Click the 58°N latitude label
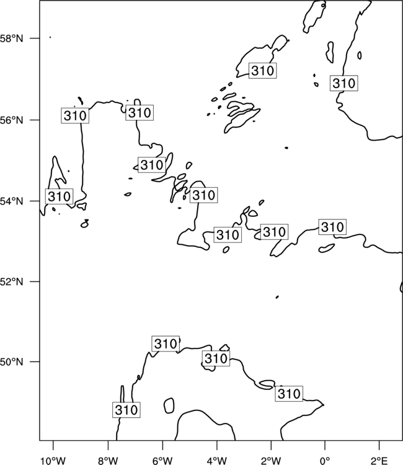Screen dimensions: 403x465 11,38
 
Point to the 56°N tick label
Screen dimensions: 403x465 11,120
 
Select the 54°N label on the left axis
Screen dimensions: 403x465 11,201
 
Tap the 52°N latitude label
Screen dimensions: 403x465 11,281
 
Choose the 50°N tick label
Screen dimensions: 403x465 11,362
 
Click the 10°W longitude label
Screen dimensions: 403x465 53,461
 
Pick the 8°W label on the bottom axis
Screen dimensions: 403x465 108,461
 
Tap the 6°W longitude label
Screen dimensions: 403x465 162,461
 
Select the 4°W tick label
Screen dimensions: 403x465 217,461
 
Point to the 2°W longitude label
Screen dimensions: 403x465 271,461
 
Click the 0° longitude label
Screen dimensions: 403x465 325,461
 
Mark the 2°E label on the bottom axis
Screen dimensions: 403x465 379,461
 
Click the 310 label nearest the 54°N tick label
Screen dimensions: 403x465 59,197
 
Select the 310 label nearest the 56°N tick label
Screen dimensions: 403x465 75,115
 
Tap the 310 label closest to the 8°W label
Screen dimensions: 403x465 126,410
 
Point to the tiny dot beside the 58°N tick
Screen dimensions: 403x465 50,37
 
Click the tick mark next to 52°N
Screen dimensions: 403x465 35,281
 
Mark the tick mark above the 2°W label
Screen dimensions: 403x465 271,445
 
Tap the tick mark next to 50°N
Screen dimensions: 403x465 35,362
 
